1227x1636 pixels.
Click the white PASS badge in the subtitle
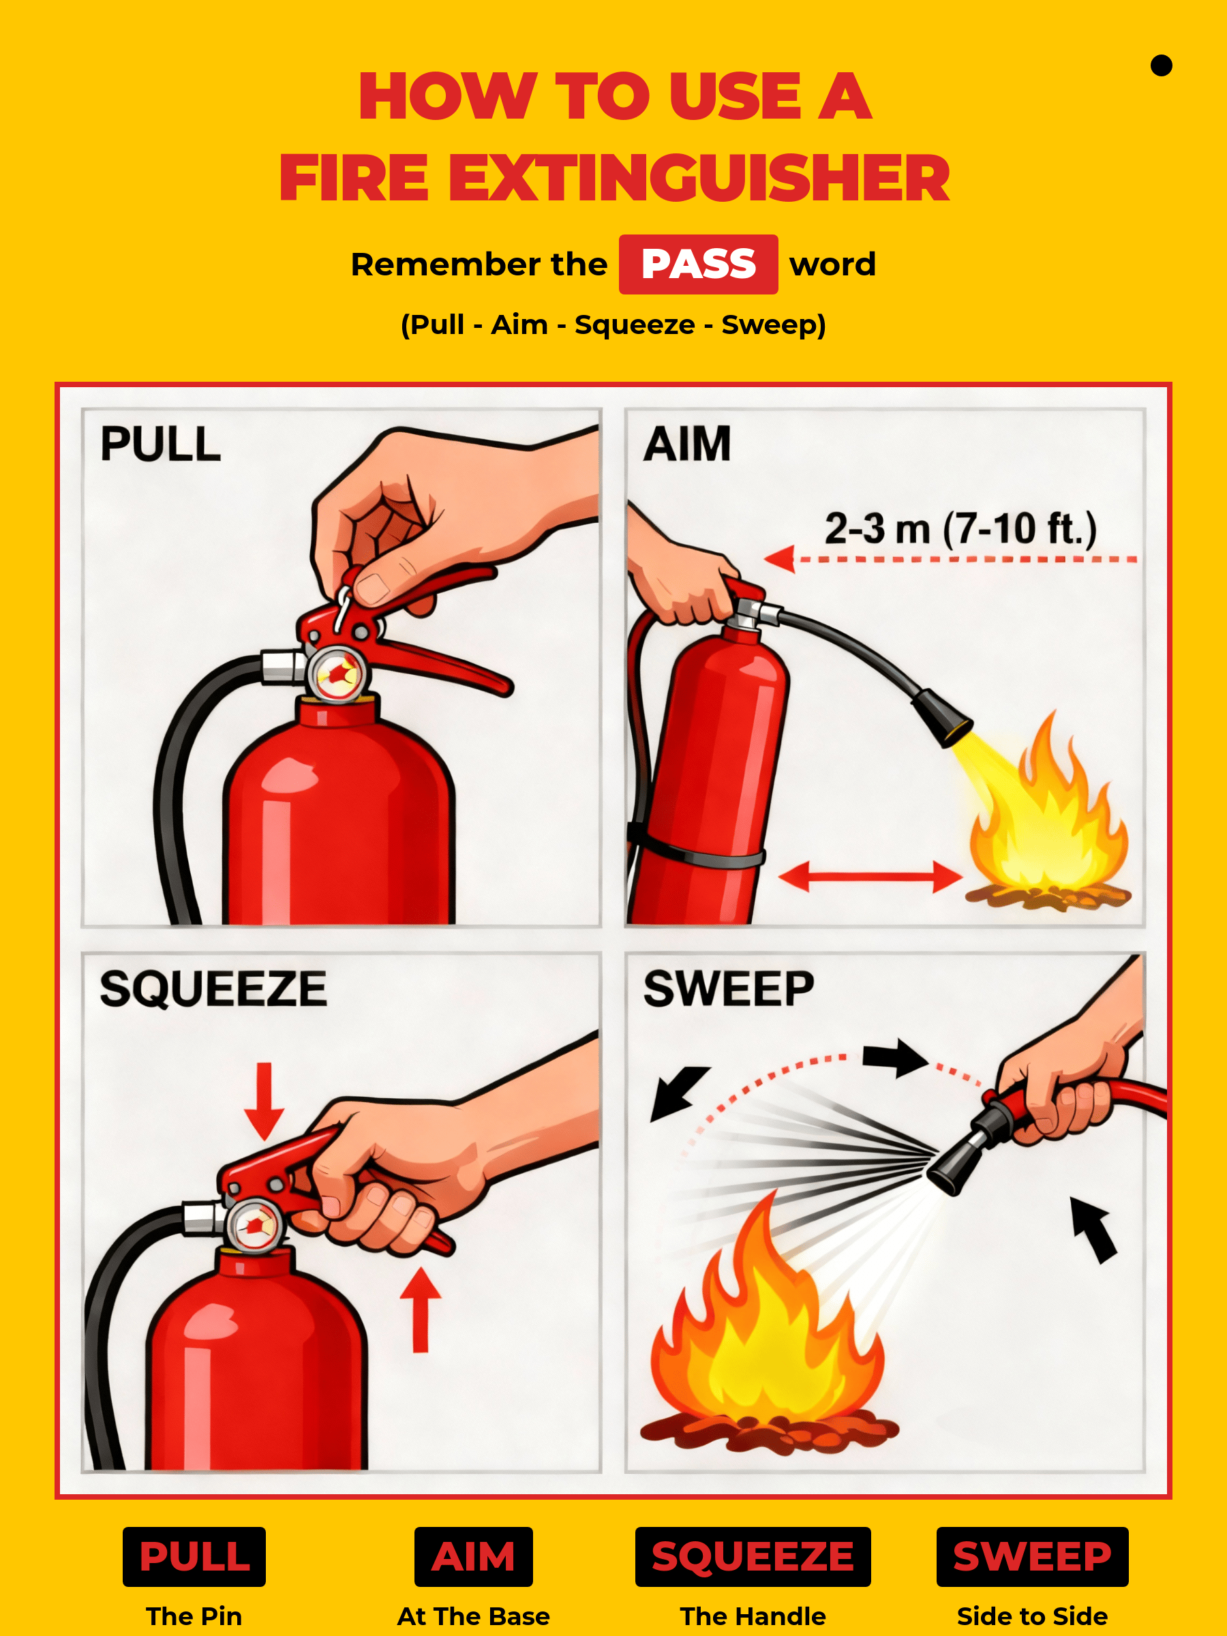(x=697, y=264)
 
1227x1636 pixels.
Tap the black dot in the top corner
(x=1161, y=66)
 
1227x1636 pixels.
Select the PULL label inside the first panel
(x=160, y=444)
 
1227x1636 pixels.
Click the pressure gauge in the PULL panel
(x=337, y=673)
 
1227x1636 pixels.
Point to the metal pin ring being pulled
(x=343, y=606)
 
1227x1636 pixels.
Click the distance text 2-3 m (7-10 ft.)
(x=960, y=529)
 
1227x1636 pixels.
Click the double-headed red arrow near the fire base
(x=870, y=877)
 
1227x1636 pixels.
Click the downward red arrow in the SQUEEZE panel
(x=264, y=1102)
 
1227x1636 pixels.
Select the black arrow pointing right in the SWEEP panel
(x=895, y=1058)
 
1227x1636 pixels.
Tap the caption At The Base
(x=473, y=1616)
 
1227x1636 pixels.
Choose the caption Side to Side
(x=1032, y=1616)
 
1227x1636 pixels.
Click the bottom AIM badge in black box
(x=473, y=1556)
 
